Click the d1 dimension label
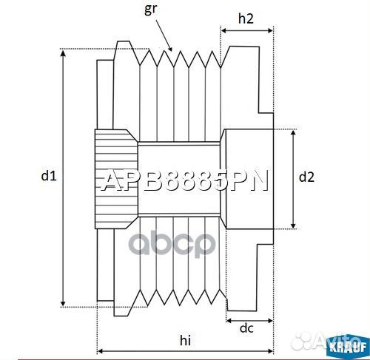(x=49, y=176)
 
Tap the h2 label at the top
(x=247, y=20)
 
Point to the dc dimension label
(x=247, y=328)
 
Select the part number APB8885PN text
(x=184, y=180)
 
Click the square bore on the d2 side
(x=249, y=177)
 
